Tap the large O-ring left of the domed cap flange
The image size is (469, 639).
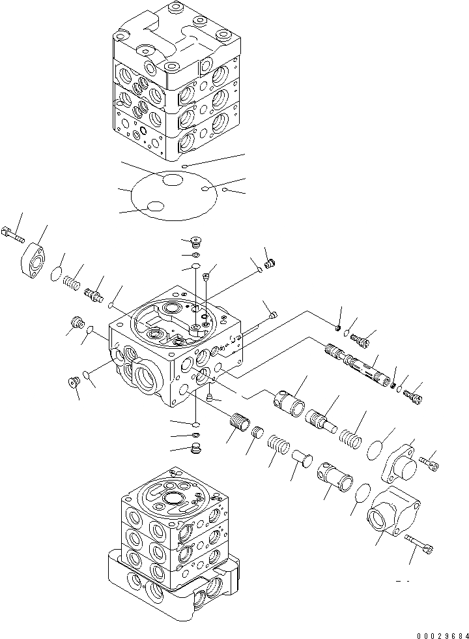point(374,449)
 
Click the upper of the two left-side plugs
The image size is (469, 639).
point(78,322)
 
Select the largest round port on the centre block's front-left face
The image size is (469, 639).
point(144,375)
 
